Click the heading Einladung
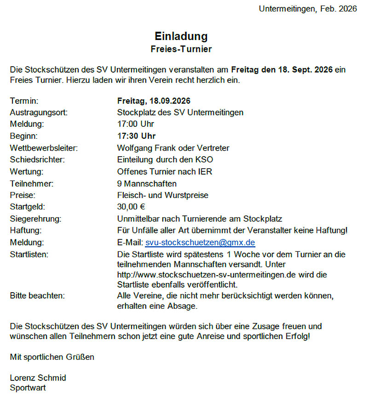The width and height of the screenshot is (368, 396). [x=181, y=36]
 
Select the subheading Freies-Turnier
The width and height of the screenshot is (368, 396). [x=181, y=48]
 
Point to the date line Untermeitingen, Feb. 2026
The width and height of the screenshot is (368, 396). [x=308, y=9]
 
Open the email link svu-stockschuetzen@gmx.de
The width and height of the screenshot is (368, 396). [x=200, y=242]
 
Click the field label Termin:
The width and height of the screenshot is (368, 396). [x=24, y=101]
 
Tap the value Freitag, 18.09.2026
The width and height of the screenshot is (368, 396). [x=154, y=101]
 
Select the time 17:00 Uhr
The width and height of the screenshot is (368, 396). [x=136, y=124]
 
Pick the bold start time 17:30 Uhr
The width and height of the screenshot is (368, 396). [x=137, y=136]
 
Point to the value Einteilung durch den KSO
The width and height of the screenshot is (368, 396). [x=165, y=160]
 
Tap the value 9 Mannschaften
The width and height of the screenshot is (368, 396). [x=147, y=184]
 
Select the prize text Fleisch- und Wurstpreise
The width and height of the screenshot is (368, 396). [x=163, y=195]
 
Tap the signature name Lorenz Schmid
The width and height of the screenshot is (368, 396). [x=38, y=378]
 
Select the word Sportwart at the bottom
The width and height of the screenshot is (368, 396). [x=28, y=388]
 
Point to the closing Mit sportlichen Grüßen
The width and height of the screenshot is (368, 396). [x=52, y=356]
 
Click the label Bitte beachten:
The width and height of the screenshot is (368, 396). [x=37, y=295]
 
